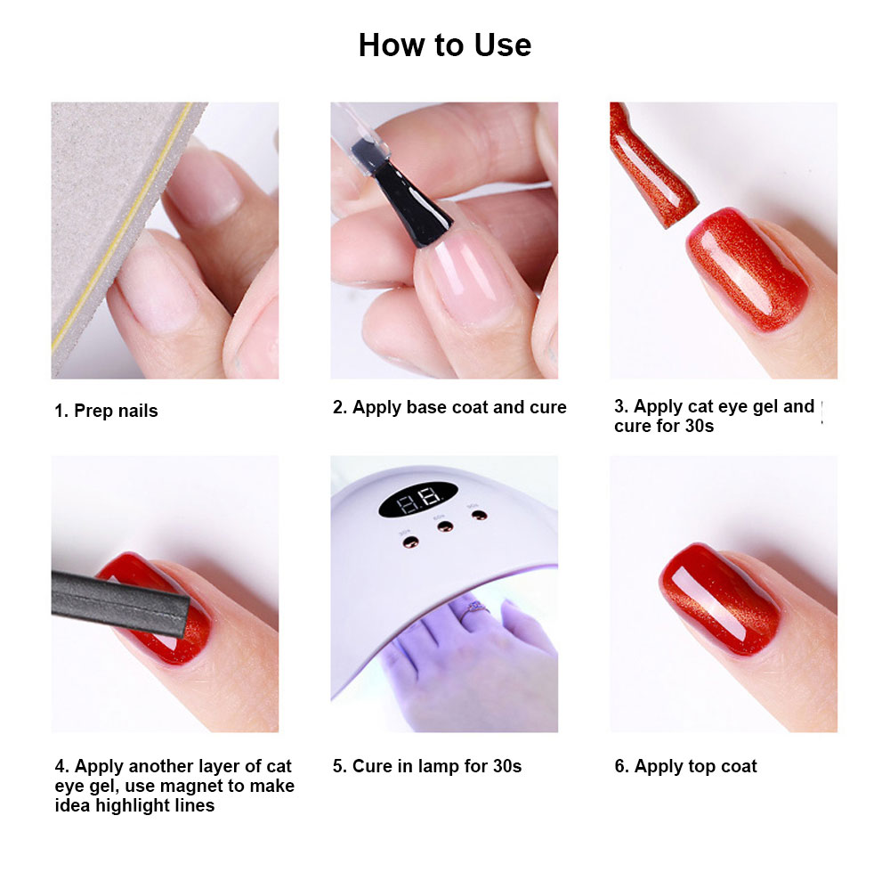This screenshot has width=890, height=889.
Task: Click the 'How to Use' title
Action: (x=444, y=45)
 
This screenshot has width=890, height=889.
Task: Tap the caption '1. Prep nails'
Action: (x=106, y=411)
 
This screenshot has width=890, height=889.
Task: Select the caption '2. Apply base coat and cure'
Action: (x=449, y=407)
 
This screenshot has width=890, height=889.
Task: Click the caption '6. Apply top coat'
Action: (x=685, y=766)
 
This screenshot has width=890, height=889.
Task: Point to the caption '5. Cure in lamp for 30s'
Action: (x=427, y=766)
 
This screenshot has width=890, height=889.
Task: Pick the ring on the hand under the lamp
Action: (x=471, y=607)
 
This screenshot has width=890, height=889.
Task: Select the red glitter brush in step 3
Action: (x=645, y=160)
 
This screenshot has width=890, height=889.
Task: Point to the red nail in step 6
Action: (x=721, y=588)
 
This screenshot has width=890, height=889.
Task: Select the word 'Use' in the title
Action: (x=503, y=45)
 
